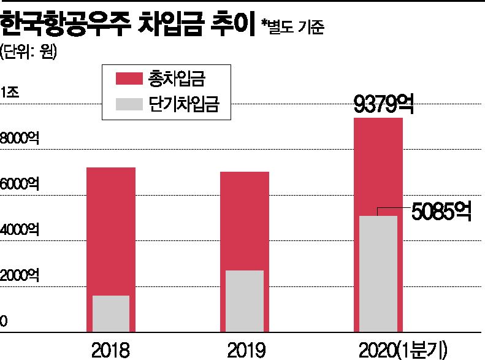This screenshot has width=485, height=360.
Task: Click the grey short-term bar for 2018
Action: pos(110,314)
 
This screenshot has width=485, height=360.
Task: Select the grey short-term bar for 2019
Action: pos(245,301)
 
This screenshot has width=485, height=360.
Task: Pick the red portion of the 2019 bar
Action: pos(245,221)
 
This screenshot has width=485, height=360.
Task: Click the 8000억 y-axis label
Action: pos(20,139)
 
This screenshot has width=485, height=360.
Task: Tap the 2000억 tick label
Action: pos(20,274)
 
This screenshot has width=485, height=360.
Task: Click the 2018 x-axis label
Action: pos(110,350)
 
